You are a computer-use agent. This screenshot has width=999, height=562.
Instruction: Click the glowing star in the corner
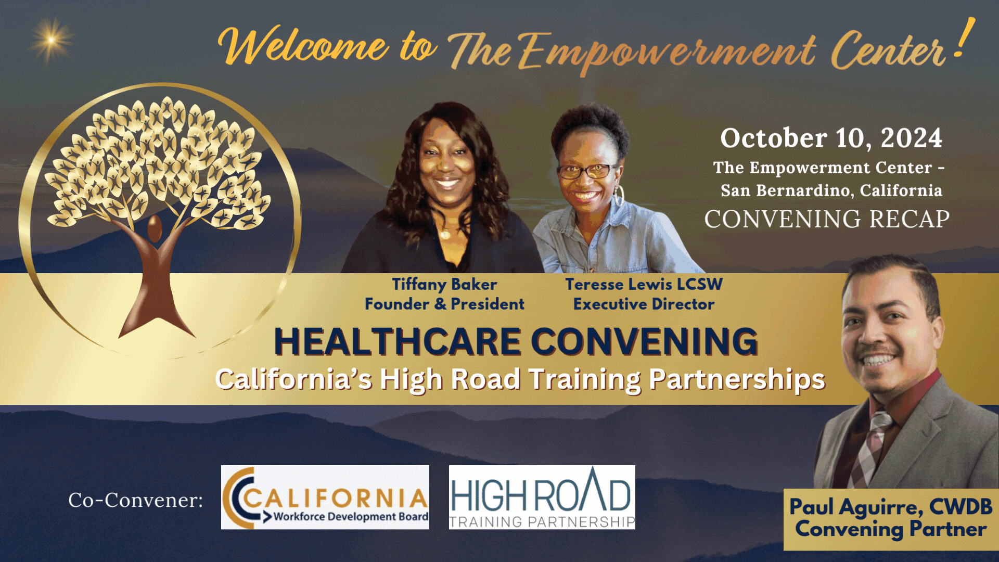[51, 40]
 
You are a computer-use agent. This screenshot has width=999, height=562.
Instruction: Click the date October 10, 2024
[831, 138]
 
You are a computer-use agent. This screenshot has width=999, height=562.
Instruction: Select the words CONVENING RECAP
[827, 219]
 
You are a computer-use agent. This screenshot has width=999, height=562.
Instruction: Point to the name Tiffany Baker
[444, 284]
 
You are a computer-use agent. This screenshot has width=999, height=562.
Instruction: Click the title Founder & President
[444, 304]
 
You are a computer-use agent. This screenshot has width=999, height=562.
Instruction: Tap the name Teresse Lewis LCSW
[644, 284]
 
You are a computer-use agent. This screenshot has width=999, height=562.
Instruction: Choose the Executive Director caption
[644, 304]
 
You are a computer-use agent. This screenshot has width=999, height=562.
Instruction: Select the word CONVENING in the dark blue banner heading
[644, 342]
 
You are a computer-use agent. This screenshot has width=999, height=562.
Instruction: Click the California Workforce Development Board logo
[325, 497]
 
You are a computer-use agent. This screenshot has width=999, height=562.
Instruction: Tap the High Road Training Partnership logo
[542, 497]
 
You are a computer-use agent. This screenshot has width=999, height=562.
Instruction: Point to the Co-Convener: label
[135, 500]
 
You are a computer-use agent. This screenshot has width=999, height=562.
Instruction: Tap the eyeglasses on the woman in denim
[586, 171]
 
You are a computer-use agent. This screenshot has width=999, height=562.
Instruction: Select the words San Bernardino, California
[831, 190]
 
